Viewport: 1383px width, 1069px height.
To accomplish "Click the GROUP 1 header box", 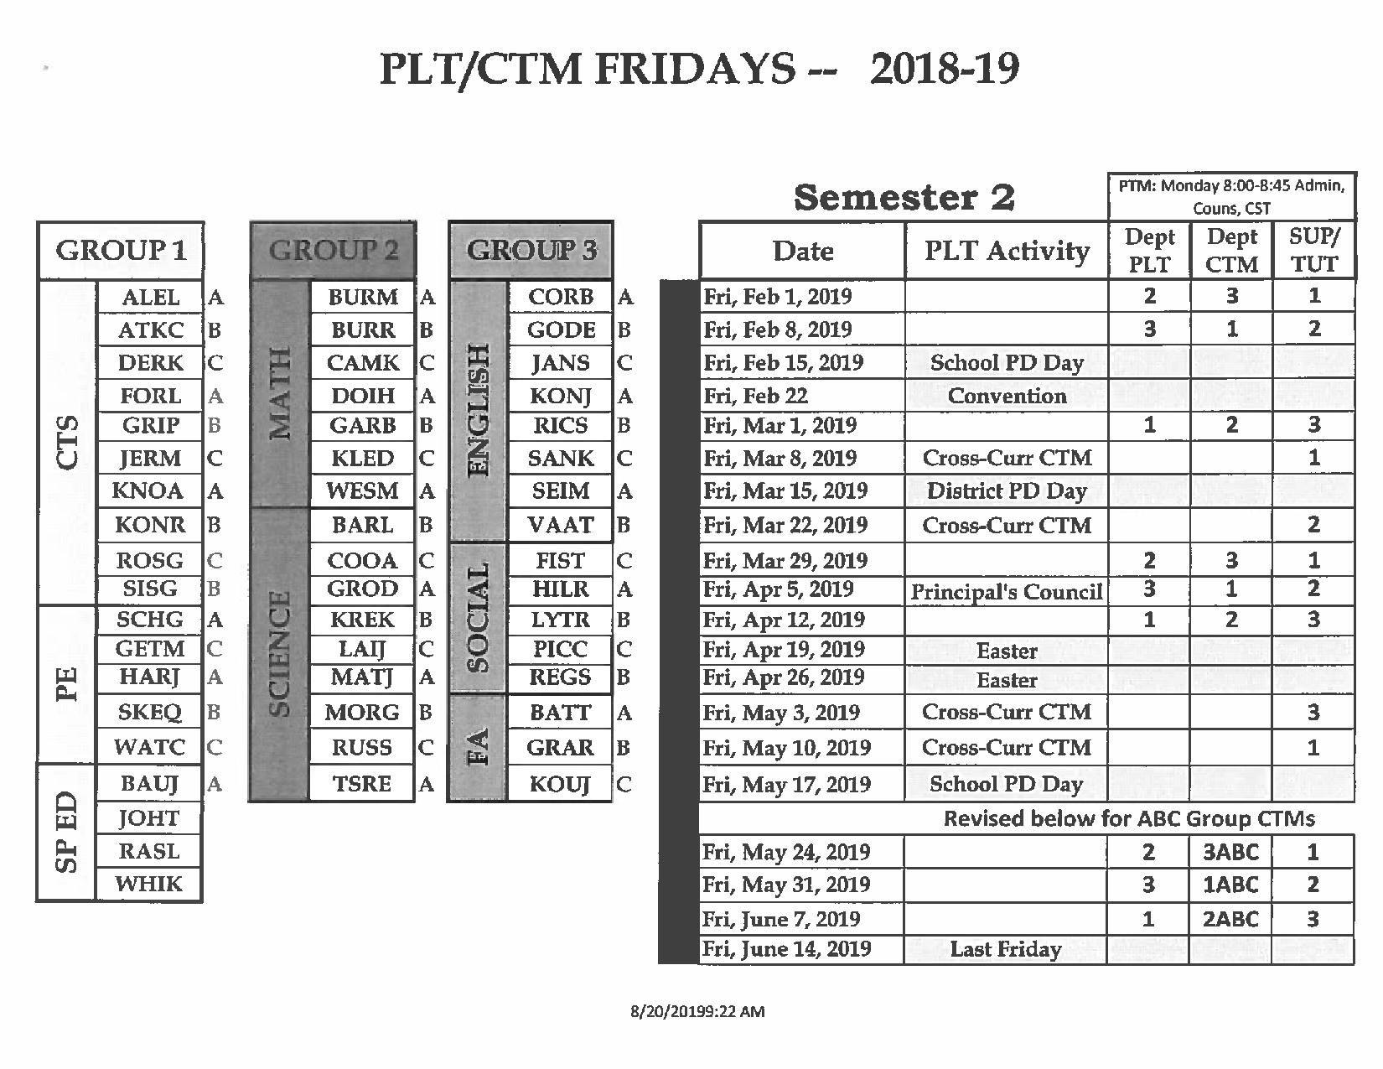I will click(x=120, y=250).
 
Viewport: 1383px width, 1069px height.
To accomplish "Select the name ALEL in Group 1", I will click(x=150, y=297).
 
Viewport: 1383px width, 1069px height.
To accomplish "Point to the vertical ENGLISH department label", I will click(x=478, y=410).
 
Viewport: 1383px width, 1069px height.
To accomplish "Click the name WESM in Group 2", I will click(x=362, y=490).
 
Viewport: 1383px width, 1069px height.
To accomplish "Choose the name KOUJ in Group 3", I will click(x=560, y=785).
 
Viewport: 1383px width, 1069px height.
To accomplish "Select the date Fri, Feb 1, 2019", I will click(x=778, y=297).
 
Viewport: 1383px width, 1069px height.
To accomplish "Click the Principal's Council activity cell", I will click(x=1006, y=592).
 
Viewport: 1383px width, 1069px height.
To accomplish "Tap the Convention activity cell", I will click(x=1006, y=396).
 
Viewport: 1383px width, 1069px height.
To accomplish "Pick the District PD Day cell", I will click(x=1006, y=490).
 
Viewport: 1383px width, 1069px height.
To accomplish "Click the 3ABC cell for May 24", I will click(x=1230, y=852).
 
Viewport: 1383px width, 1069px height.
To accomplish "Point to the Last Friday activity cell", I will click(x=1006, y=949).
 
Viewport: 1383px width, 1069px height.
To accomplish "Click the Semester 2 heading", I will click(x=904, y=198).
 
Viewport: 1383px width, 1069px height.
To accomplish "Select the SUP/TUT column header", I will click(x=1313, y=250).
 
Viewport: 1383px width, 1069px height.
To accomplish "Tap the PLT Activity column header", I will click(x=1006, y=250).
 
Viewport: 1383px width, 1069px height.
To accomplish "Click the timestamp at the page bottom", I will click(x=697, y=1011).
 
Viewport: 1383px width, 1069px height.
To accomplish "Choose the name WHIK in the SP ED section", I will click(x=148, y=884).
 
